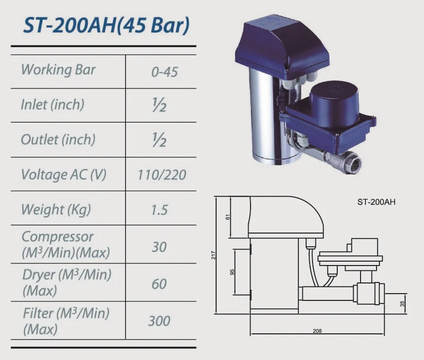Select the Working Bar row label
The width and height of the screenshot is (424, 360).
[x=58, y=70]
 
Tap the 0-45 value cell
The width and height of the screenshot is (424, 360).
[x=164, y=72]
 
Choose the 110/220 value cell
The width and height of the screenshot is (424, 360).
[x=162, y=174]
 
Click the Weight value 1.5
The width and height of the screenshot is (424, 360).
[x=159, y=210]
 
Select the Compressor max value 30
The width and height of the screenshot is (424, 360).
[x=159, y=247]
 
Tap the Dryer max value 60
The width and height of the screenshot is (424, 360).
[x=159, y=283]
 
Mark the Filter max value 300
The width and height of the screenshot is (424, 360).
[x=159, y=321]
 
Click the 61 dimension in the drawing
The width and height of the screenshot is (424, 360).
[x=228, y=217]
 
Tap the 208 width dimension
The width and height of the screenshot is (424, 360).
[x=317, y=331]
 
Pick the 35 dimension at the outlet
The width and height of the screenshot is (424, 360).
[x=403, y=304]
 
